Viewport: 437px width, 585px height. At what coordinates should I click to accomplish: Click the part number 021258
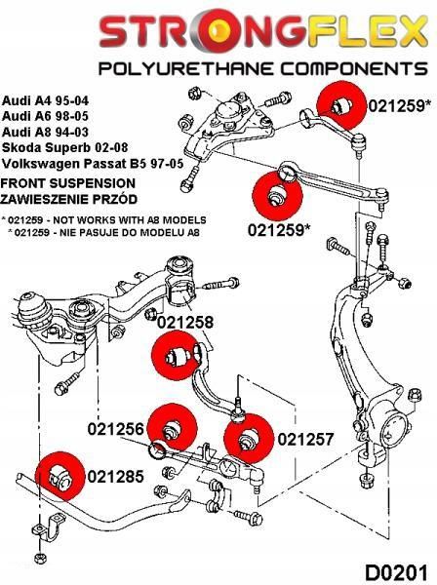coord(184,323)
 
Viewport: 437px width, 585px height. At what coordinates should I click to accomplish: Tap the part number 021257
coord(305,438)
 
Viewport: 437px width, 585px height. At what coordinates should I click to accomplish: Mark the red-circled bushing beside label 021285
coord(58,476)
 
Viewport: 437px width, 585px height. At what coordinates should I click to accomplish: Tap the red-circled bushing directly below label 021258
coord(177,357)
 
